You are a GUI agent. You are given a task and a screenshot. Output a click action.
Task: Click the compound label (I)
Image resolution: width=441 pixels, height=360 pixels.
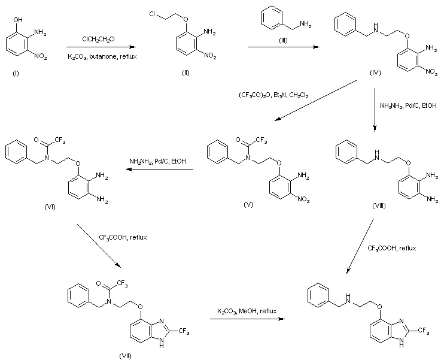(15, 77)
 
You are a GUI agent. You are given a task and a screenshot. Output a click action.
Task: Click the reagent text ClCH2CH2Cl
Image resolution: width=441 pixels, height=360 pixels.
(100, 40)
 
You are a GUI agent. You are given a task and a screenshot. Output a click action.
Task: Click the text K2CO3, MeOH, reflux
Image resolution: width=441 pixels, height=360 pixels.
(245, 311)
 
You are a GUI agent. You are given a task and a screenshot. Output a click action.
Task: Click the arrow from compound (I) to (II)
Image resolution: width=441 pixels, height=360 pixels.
(100, 48)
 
